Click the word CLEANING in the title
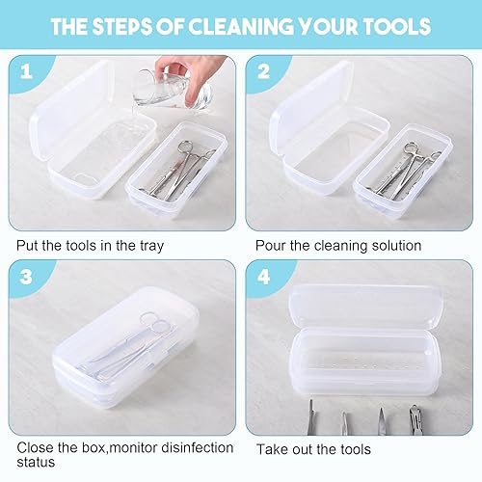240,26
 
